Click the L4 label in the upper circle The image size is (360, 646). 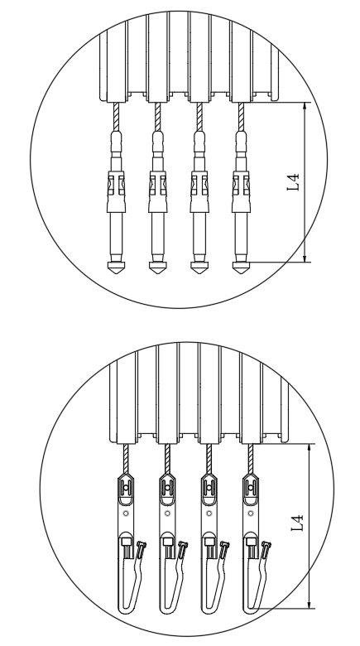pyautogui.click(x=293, y=182)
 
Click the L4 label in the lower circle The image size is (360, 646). pyautogui.click(x=297, y=523)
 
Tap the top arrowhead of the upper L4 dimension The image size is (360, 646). pyautogui.click(x=305, y=106)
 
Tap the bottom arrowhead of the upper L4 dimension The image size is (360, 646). pyautogui.click(x=305, y=258)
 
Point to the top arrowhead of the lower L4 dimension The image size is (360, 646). pyautogui.click(x=310, y=448)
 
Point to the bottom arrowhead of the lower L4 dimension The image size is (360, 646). pyautogui.click(x=310, y=605)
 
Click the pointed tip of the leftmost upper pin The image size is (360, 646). pyautogui.click(x=116, y=272)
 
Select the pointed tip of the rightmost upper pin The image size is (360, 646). pyautogui.click(x=241, y=272)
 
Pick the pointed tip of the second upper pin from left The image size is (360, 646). pyautogui.click(x=158, y=272)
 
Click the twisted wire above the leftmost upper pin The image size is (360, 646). pyautogui.click(x=116, y=117)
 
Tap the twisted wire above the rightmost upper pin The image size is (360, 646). pyautogui.click(x=241, y=117)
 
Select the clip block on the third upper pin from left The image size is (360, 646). pyautogui.click(x=199, y=186)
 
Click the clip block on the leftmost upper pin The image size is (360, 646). pyautogui.click(x=116, y=186)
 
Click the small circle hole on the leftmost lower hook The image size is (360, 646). pyautogui.click(x=126, y=513)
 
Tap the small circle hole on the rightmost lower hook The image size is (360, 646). pyautogui.click(x=251, y=513)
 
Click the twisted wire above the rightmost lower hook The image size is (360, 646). pyautogui.click(x=251, y=459)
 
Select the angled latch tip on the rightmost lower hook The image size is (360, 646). pyautogui.click(x=267, y=547)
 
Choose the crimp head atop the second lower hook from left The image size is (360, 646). pyautogui.click(x=167, y=489)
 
